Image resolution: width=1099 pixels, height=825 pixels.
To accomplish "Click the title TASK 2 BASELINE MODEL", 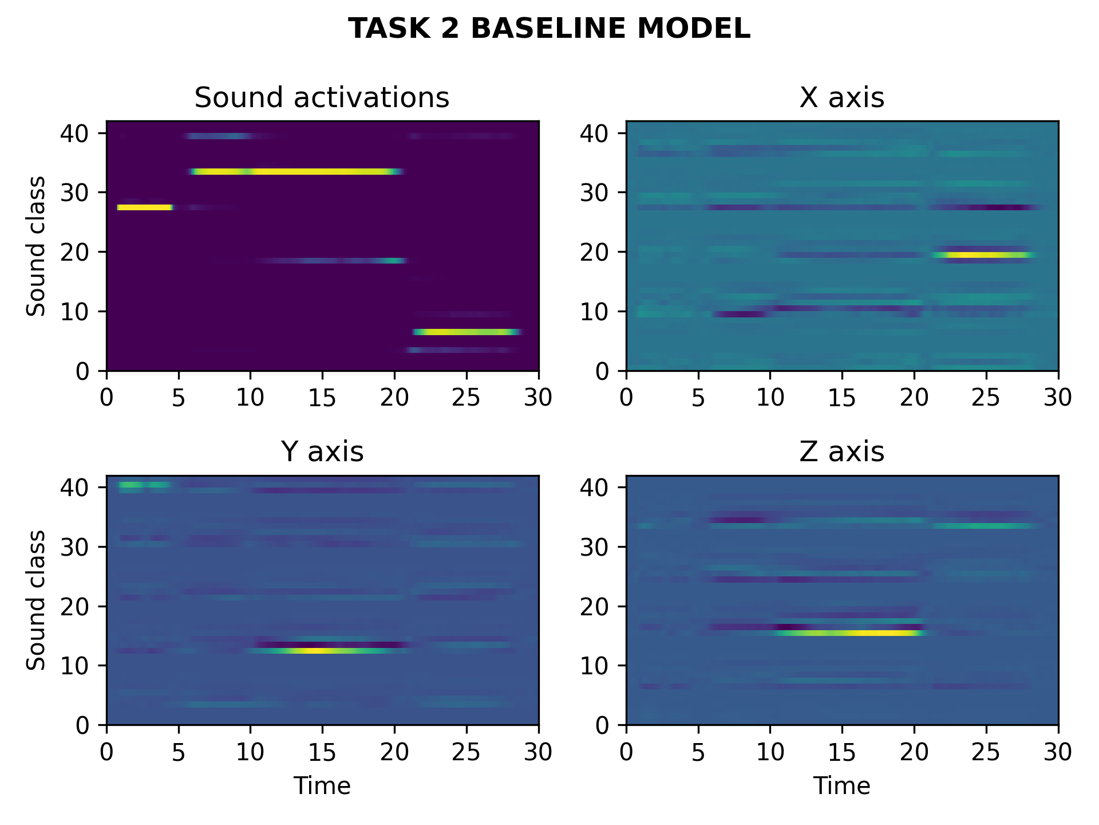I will tap(549, 29).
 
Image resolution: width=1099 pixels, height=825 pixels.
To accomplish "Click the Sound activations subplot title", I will tap(322, 97).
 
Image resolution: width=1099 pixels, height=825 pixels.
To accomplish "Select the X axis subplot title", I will tap(841, 97).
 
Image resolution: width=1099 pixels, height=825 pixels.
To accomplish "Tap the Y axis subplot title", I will tap(322, 451).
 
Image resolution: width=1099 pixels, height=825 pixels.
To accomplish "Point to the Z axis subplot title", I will tap(841, 451).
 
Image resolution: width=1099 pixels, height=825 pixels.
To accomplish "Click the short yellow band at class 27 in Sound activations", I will tap(145, 207).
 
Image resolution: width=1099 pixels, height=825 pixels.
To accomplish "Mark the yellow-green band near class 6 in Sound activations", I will tap(467, 332).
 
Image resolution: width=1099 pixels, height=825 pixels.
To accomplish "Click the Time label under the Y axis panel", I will tap(322, 786).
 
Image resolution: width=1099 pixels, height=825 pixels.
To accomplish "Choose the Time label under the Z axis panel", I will tap(841, 786).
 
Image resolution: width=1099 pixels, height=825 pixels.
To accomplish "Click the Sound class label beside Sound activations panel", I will tap(36, 246).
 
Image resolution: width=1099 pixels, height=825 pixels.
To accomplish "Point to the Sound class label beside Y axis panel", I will tap(36, 600).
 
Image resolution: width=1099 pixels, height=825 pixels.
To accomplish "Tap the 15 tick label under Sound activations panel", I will tap(322, 397).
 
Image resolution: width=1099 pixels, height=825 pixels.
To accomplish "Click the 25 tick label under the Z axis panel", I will tap(985, 751).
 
